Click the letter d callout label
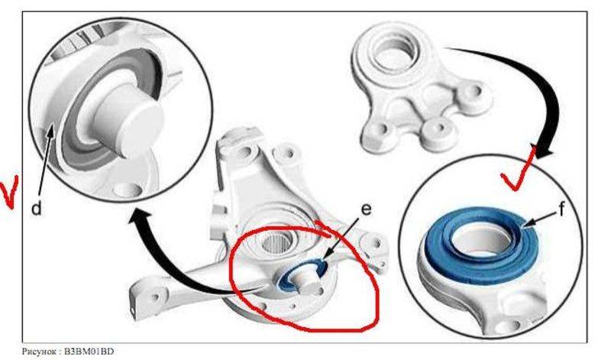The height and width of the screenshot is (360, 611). (x=36, y=209)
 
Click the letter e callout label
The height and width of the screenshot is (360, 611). (x=366, y=209)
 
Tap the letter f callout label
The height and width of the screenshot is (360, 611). (x=561, y=210)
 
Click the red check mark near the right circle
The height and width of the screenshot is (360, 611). (x=519, y=170)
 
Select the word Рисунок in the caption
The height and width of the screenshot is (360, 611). (x=38, y=352)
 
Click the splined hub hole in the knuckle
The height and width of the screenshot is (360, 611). (x=276, y=244)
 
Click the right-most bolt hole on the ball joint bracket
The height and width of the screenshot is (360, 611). (x=475, y=92)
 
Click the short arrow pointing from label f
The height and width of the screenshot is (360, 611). (x=539, y=219)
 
